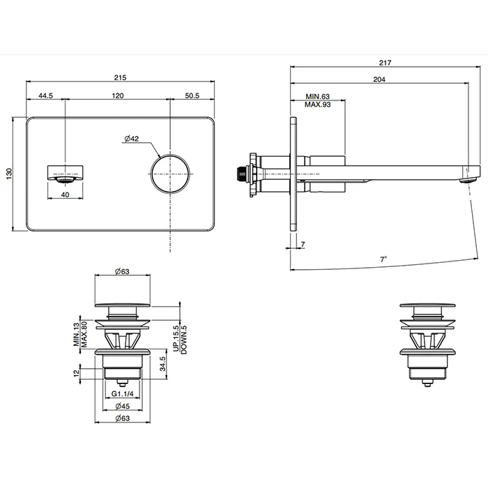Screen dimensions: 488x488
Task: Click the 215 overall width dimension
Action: pos(120,77)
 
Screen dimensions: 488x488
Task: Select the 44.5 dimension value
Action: pos(45,96)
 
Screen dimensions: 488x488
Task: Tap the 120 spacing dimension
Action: pos(118,96)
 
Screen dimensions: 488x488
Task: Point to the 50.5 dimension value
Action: pos(192,96)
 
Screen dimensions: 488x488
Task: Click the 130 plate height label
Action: pos(9,174)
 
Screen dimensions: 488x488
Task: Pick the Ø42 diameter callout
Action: pos(132,139)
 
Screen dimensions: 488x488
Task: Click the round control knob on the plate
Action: pos(170,174)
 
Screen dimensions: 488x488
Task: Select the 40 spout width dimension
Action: pos(65,195)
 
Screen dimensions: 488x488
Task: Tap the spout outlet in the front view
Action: pos(65,179)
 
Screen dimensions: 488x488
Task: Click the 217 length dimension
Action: pos(385,63)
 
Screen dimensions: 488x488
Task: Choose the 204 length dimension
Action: pos(379,79)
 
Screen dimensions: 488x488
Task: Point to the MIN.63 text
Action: pos(317,96)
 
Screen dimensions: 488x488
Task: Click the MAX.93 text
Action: pos(317,105)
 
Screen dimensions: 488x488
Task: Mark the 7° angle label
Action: pos(383,259)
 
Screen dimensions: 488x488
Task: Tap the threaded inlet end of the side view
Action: pos(241,174)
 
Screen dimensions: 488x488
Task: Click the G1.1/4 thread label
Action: pos(122,394)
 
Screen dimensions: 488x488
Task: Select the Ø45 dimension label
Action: pos(122,406)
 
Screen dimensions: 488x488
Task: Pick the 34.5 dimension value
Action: pos(162,364)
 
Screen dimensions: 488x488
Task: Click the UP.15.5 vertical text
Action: pos(176,339)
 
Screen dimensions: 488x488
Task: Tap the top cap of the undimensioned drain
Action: pos(427,305)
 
